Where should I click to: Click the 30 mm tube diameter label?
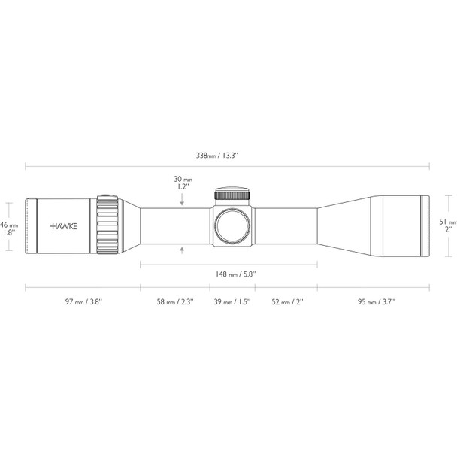click(x=183, y=183)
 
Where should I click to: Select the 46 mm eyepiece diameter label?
click(x=8, y=228)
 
